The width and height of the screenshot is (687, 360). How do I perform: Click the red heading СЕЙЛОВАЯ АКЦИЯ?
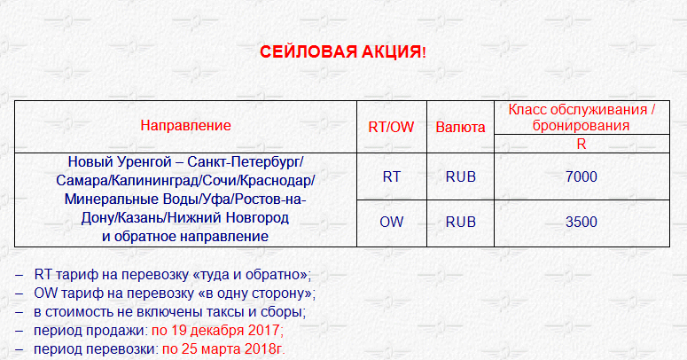click(x=343, y=51)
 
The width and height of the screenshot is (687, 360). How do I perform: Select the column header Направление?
click(x=185, y=125)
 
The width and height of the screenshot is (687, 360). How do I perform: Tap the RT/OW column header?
click(x=391, y=127)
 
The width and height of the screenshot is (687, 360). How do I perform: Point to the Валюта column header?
click(x=460, y=127)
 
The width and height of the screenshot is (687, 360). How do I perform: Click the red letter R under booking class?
click(x=582, y=145)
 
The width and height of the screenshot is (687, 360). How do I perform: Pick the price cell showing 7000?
click(x=582, y=176)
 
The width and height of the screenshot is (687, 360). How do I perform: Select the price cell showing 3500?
click(x=582, y=222)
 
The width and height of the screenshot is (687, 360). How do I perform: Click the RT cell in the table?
click(x=391, y=176)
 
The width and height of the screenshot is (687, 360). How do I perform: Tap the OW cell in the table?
click(x=391, y=222)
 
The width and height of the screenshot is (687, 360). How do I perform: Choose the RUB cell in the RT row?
click(x=460, y=176)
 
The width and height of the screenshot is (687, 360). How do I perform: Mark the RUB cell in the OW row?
click(x=460, y=222)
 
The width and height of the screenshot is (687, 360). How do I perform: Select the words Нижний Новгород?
click(x=229, y=217)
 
